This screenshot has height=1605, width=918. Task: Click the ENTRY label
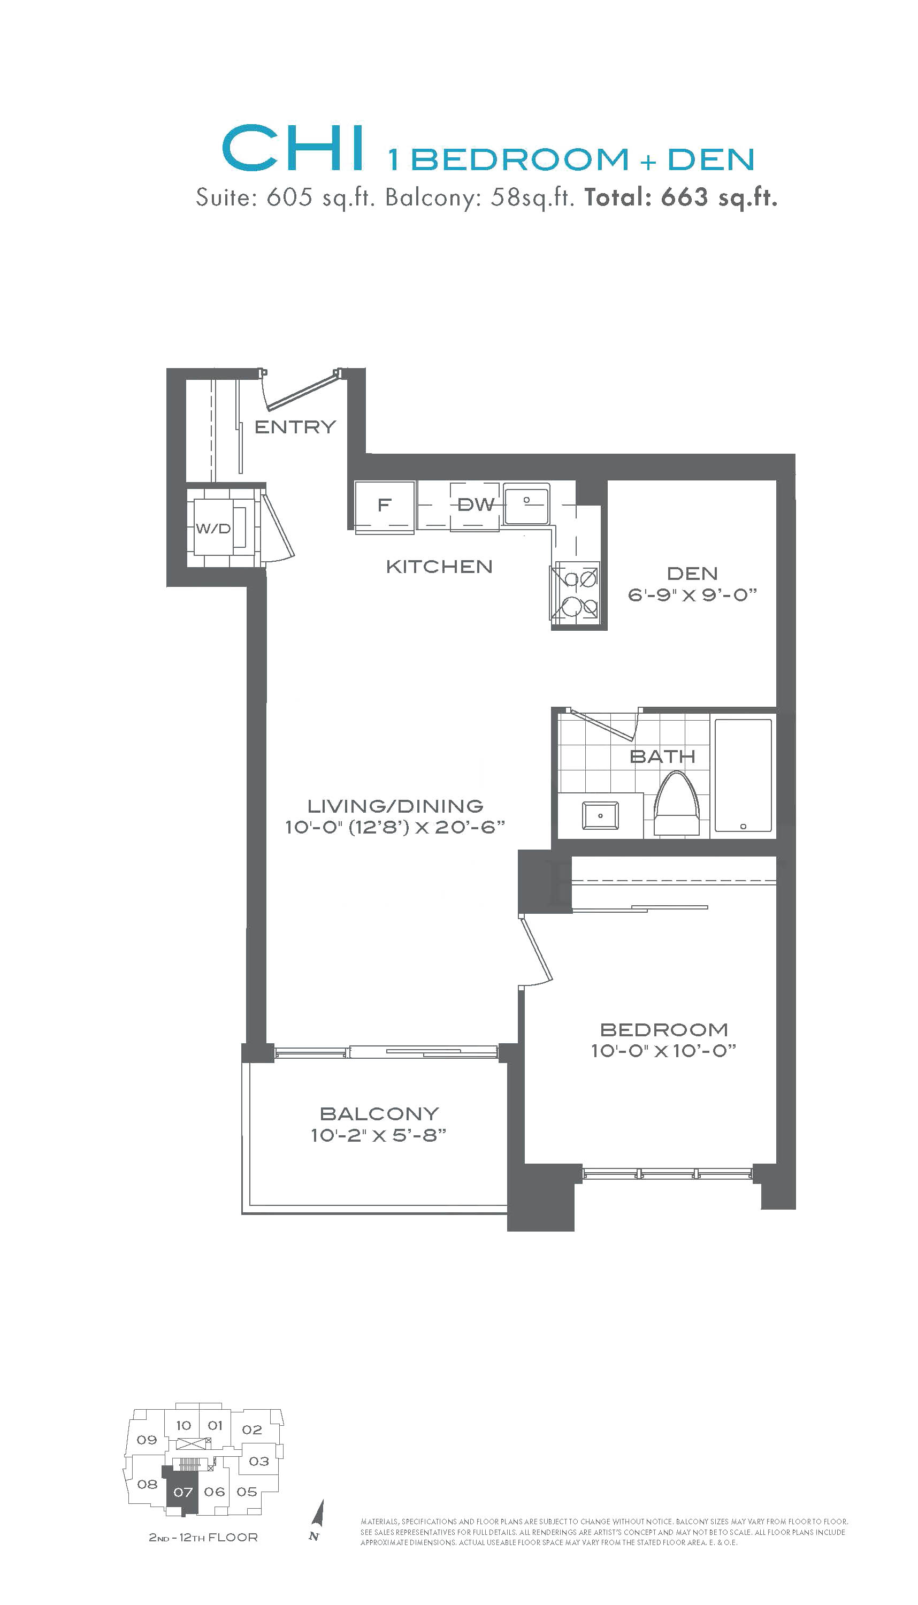pyautogui.click(x=295, y=427)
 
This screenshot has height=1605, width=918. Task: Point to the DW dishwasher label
pyautogui.click(x=476, y=505)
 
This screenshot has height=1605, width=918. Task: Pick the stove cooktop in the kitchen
pyautogui.click(x=575, y=595)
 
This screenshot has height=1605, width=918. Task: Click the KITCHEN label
pyautogui.click(x=439, y=567)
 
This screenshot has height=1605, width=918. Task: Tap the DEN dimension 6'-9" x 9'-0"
pyautogui.click(x=692, y=594)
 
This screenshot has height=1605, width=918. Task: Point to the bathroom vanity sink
pyautogui.click(x=600, y=816)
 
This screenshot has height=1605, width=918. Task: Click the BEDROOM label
pyautogui.click(x=664, y=1029)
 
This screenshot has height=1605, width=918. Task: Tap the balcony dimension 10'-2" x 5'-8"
pyautogui.click(x=379, y=1135)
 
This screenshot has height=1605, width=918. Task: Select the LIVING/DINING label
pyautogui.click(x=395, y=806)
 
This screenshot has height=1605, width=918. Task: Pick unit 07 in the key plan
pyautogui.click(x=183, y=1492)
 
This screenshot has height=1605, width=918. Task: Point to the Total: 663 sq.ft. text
pyautogui.click(x=681, y=198)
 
